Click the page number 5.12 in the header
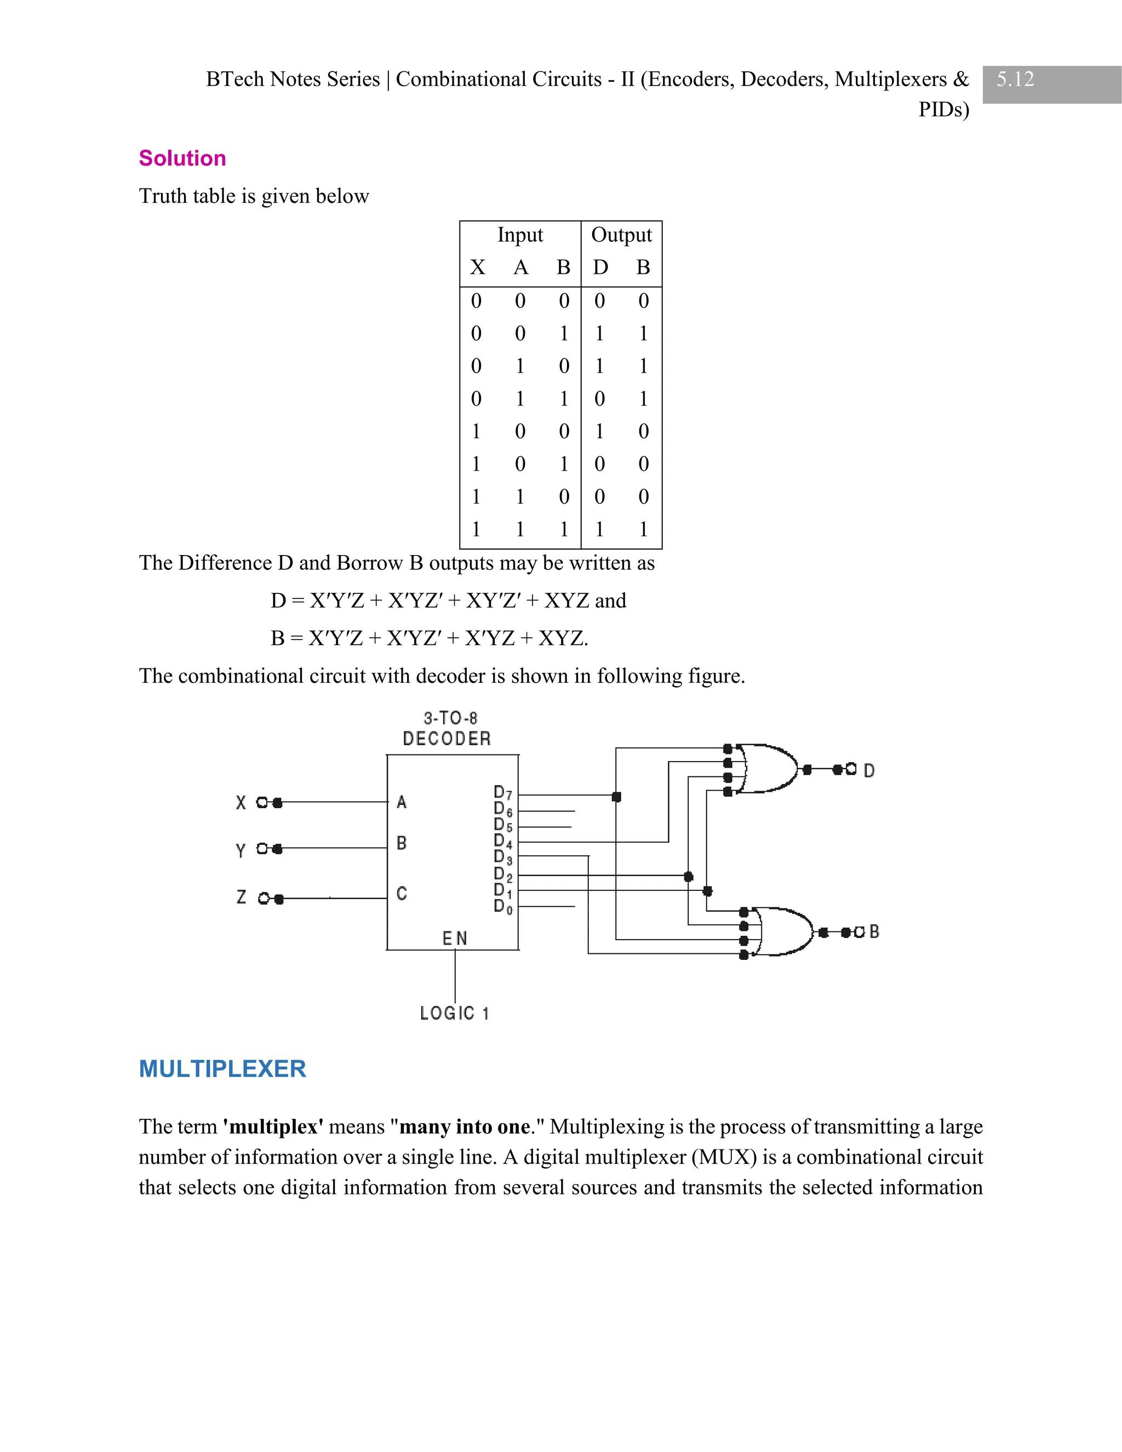(x=1015, y=79)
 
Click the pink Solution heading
(x=182, y=158)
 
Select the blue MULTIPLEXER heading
(x=222, y=1068)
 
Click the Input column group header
(x=520, y=235)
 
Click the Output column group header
(x=621, y=235)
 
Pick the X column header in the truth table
(x=477, y=267)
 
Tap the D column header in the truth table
(x=600, y=267)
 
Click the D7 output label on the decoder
(x=502, y=792)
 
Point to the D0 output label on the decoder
(x=502, y=906)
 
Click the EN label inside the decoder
(x=455, y=938)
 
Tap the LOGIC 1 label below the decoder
(x=455, y=1013)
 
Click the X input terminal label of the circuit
(x=241, y=803)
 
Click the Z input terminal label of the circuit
(x=241, y=898)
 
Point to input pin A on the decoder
(x=402, y=803)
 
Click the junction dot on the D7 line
(x=616, y=797)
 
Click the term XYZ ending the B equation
(x=562, y=638)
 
